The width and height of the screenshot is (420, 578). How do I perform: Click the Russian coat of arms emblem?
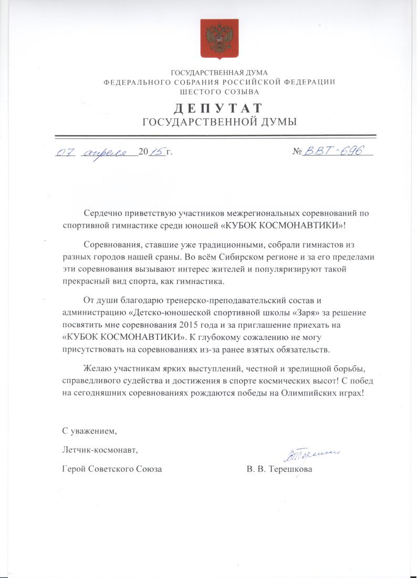pyautogui.click(x=219, y=38)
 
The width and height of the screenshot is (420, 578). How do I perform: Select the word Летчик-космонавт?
pyautogui.click(x=99, y=450)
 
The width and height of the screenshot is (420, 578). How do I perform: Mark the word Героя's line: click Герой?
pyautogui.click(x=74, y=469)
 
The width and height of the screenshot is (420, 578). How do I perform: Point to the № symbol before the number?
pyautogui.click(x=298, y=152)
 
